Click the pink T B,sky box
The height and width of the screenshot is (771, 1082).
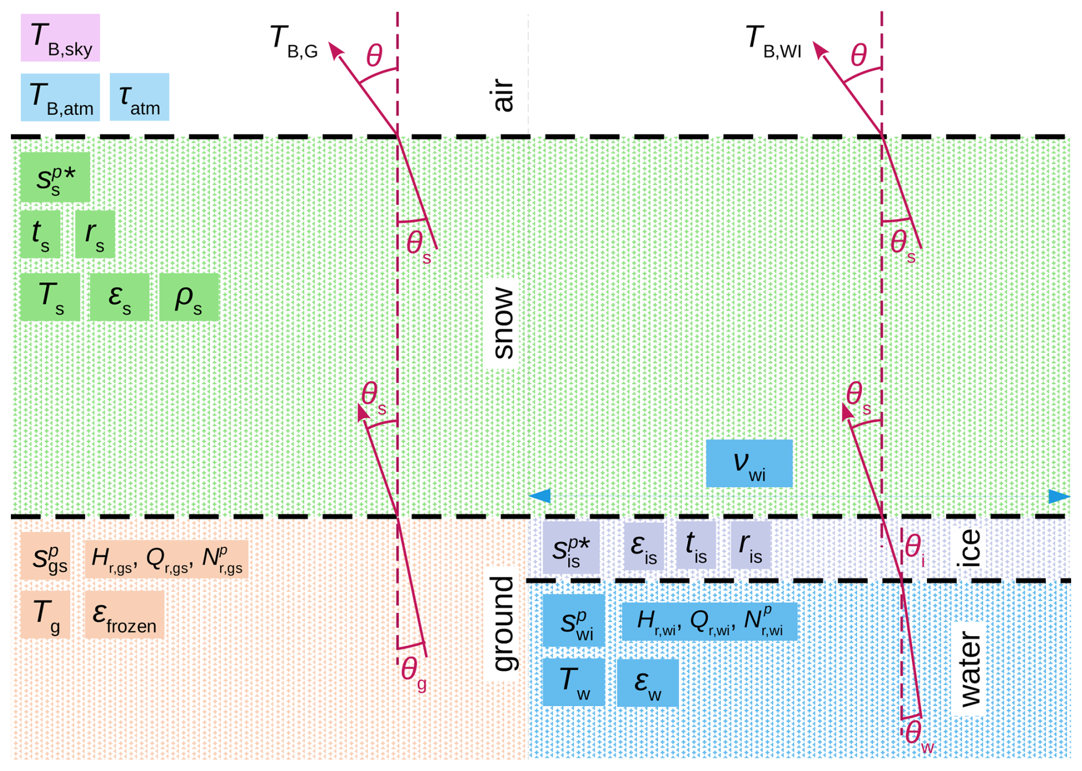point(60,38)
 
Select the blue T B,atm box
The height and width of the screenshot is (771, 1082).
point(60,97)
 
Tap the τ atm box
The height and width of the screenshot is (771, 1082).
point(139,97)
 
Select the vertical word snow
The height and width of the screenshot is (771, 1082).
point(503,323)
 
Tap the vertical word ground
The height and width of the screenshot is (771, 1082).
point(503,623)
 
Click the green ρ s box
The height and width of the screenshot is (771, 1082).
point(189,297)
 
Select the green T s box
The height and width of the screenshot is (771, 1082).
point(50,297)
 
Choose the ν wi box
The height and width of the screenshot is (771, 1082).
point(749,464)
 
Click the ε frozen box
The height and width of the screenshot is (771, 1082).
point(124,615)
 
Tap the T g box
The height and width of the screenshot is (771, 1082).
point(45,615)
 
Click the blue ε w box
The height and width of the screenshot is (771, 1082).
point(647,683)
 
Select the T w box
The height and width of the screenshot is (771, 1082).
point(574,682)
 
